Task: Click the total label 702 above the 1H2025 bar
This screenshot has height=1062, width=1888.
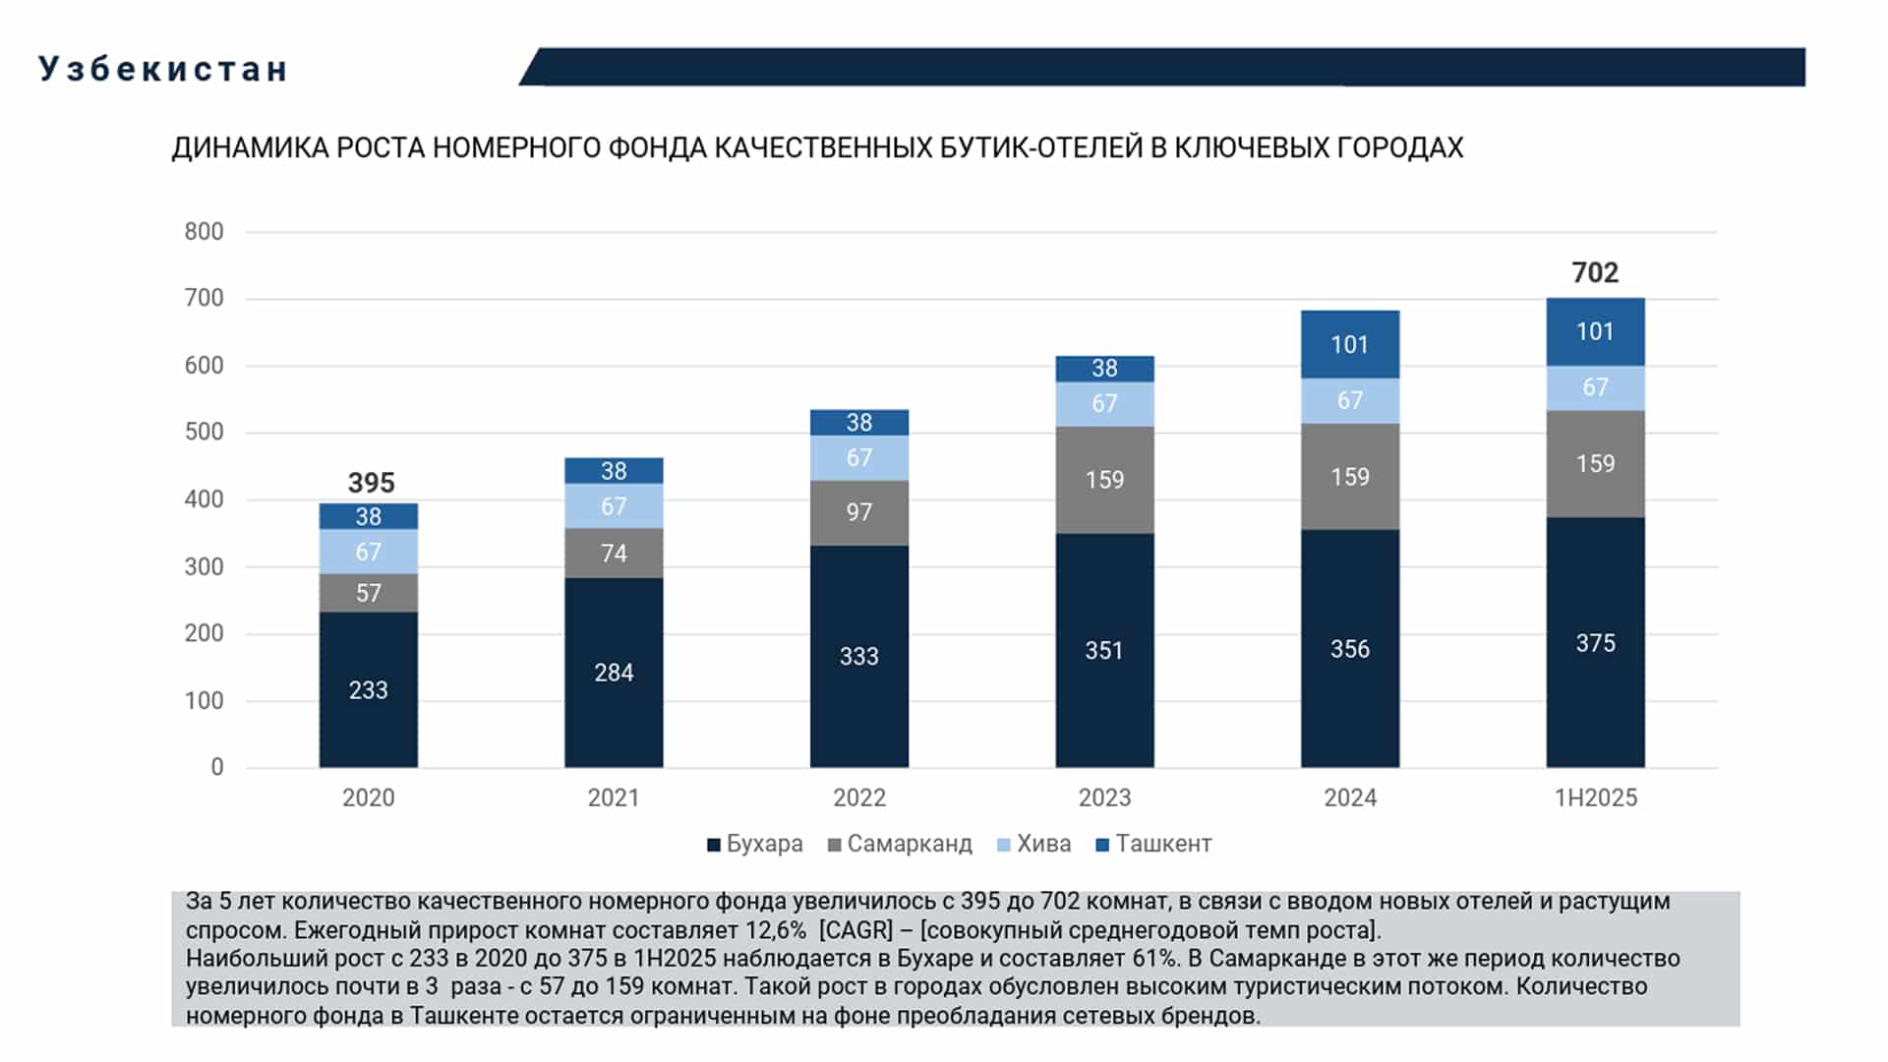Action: [1594, 272]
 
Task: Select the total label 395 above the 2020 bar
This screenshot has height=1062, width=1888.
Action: [371, 483]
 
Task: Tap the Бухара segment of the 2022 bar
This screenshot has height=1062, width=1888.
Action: [858, 656]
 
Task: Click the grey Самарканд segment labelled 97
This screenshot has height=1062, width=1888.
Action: [858, 512]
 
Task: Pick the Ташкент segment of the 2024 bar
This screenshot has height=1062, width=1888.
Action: [1349, 344]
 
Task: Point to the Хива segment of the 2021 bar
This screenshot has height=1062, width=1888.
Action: [614, 505]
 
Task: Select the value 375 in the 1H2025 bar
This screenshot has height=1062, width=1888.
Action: [1595, 643]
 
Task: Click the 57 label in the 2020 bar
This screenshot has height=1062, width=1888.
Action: [368, 593]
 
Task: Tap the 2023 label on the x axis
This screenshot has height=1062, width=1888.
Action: [1104, 797]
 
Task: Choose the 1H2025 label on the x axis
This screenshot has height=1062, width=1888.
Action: [1595, 797]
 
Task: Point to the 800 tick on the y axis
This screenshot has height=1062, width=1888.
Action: [204, 231]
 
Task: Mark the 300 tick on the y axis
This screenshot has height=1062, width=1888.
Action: [204, 566]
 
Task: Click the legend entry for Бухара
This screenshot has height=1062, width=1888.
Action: [755, 844]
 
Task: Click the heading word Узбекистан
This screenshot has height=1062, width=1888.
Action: [163, 69]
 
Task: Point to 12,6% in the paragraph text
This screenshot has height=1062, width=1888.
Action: [776, 930]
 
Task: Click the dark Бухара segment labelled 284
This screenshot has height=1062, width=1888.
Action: [614, 673]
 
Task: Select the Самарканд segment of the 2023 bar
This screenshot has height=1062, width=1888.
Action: [1104, 480]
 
